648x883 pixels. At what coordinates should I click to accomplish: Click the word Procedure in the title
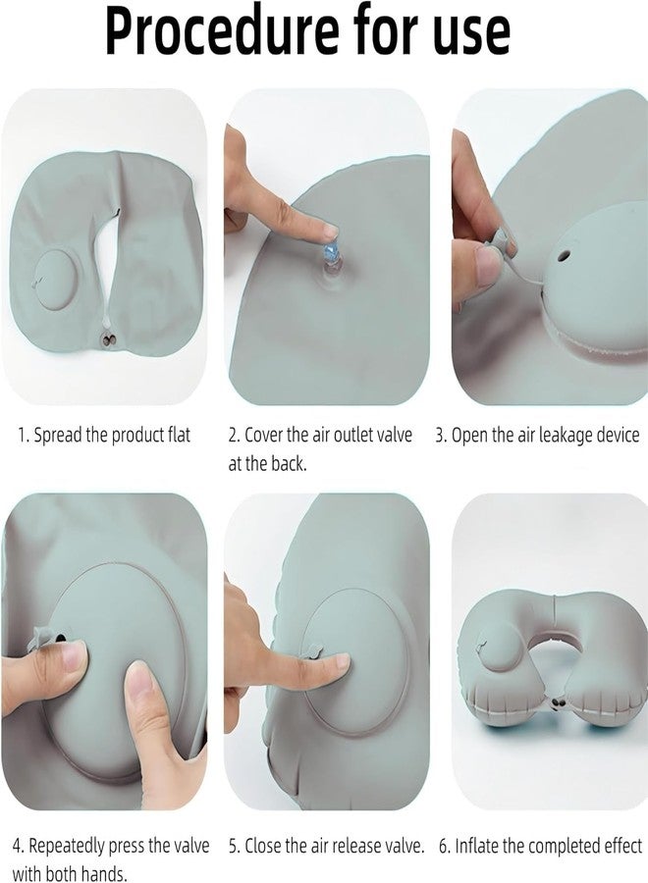point(212,31)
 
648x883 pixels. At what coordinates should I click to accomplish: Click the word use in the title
point(468,31)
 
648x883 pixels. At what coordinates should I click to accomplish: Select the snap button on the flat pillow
point(105,338)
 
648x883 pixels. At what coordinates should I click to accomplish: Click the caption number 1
point(20,435)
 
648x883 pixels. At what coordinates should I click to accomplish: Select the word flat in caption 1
point(177,435)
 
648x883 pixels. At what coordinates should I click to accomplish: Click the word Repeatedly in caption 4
point(70,846)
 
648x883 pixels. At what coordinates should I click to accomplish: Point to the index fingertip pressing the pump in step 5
point(339,664)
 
